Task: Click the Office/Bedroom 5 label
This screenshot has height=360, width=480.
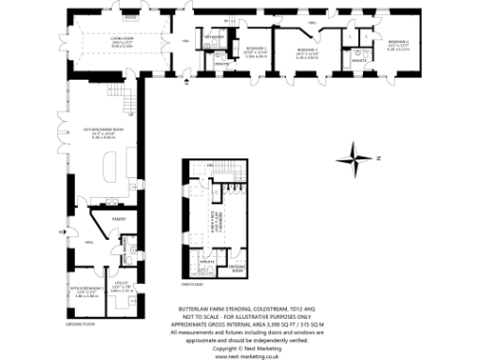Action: pyautogui.click(x=86, y=292)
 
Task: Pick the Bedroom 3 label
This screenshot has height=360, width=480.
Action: pyautogui.click(x=308, y=52)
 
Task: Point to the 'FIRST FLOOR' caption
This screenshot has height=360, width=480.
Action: pyautogui.click(x=191, y=282)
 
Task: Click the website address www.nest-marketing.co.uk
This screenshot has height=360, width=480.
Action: pyautogui.click(x=248, y=355)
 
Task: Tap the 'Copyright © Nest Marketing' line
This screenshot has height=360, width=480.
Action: pyautogui.click(x=248, y=348)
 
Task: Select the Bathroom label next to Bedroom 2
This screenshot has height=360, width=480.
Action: pyautogui.click(x=215, y=37)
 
